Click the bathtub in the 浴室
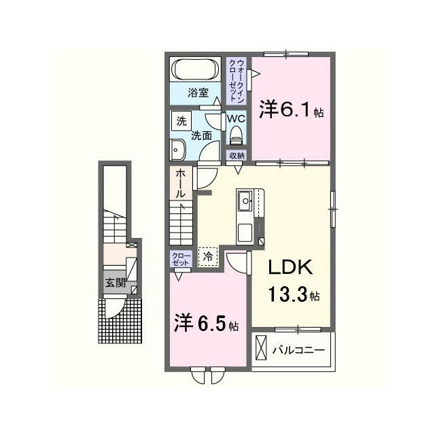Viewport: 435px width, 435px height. coord(195,69)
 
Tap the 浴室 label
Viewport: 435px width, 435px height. coord(198,93)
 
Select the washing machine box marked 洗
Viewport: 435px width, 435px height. coord(181,121)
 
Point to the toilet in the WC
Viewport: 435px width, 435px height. coord(236,135)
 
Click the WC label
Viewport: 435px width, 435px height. coord(236,118)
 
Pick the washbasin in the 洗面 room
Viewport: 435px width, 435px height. coord(177,150)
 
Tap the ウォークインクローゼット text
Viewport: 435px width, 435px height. coord(236,80)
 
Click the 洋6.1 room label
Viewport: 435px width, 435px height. coord(291,109)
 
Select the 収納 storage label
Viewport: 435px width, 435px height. coord(237,156)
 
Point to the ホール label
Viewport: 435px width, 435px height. coord(181,184)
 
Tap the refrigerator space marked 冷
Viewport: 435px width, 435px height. coord(208,257)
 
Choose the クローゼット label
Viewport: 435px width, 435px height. coord(181,259)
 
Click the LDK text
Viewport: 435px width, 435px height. coord(290,267)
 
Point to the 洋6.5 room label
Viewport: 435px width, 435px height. coord(206,324)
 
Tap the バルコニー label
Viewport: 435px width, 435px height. coord(298,350)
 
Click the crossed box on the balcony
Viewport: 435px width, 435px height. coord(261,347)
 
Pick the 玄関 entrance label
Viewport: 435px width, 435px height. coord(115,283)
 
